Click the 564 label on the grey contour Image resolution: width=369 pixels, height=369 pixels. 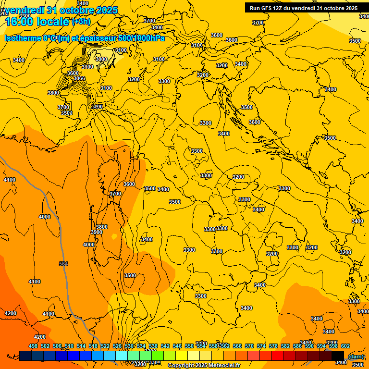[63, 264]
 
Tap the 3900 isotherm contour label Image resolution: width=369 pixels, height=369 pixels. [97, 232]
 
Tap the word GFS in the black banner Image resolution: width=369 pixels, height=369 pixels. [270, 8]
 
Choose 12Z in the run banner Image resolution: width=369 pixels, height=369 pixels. [284, 8]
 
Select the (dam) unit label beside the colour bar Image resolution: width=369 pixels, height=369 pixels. [356, 356]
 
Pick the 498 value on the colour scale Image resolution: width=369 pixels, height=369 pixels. [33, 346]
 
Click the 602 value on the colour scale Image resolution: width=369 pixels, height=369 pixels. [345, 346]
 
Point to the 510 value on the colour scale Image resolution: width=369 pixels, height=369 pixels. [69, 346]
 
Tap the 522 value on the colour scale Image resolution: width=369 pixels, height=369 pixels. [105, 346]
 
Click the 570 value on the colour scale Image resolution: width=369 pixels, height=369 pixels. [249, 346]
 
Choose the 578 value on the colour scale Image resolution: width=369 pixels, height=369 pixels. [273, 346]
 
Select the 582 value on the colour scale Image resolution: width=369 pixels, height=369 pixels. [285, 346]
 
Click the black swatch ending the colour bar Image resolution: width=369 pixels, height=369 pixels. [338, 356]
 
